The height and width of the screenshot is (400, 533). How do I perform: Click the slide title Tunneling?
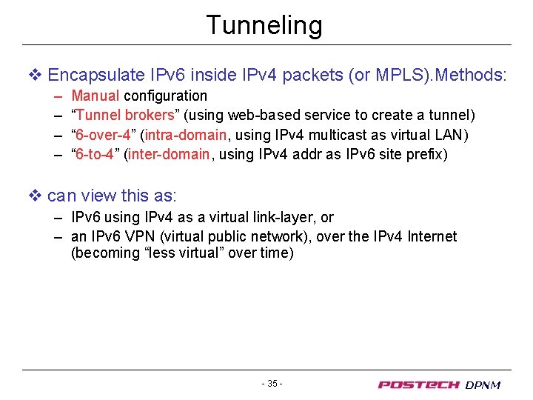point(264,25)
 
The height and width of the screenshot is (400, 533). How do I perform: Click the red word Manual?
point(95,96)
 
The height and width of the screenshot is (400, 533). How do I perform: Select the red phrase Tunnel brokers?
point(124,116)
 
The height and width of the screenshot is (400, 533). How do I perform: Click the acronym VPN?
point(141,236)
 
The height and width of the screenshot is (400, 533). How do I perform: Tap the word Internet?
point(430,236)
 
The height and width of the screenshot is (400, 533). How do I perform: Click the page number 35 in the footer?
point(272,384)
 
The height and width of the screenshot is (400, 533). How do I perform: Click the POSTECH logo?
point(418,384)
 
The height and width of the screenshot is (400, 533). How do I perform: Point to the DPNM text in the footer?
point(483,385)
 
